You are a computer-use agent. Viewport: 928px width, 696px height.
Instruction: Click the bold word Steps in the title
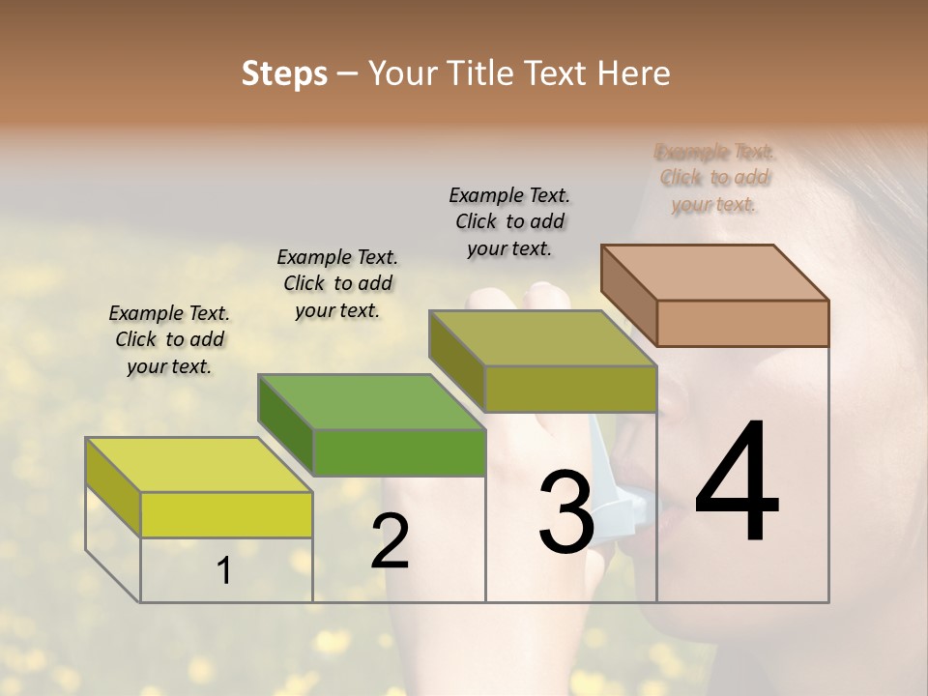pyautogui.click(x=284, y=74)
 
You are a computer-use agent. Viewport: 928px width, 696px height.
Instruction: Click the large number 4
pyautogui.click(x=737, y=483)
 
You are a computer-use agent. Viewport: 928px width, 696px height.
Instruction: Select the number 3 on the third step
pyautogui.click(x=565, y=513)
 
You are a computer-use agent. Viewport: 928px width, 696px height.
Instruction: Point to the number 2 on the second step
pyautogui.click(x=390, y=541)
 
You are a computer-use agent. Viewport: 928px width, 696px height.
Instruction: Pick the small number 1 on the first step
pyautogui.click(x=224, y=571)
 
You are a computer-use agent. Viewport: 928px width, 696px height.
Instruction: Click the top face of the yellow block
pyautogui.click(x=199, y=465)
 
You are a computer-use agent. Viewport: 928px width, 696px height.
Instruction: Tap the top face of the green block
pyautogui.click(x=371, y=401)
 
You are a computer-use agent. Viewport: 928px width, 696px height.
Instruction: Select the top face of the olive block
pyautogui.click(x=543, y=338)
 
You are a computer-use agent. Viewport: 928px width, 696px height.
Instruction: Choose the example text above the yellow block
pyautogui.click(x=169, y=339)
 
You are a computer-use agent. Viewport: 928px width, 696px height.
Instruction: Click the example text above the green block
pyautogui.click(x=337, y=283)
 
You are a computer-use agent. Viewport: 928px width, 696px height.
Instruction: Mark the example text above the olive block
pyautogui.click(x=509, y=221)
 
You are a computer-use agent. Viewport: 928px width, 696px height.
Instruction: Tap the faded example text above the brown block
pyautogui.click(x=714, y=178)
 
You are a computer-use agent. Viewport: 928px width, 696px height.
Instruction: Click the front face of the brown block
pyautogui.click(x=742, y=323)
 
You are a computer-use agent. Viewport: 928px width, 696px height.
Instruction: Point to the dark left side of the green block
pyautogui.click(x=285, y=425)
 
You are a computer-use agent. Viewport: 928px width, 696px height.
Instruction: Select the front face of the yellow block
pyautogui.click(x=226, y=514)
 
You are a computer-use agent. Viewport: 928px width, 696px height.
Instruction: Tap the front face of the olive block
pyautogui.click(x=570, y=389)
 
